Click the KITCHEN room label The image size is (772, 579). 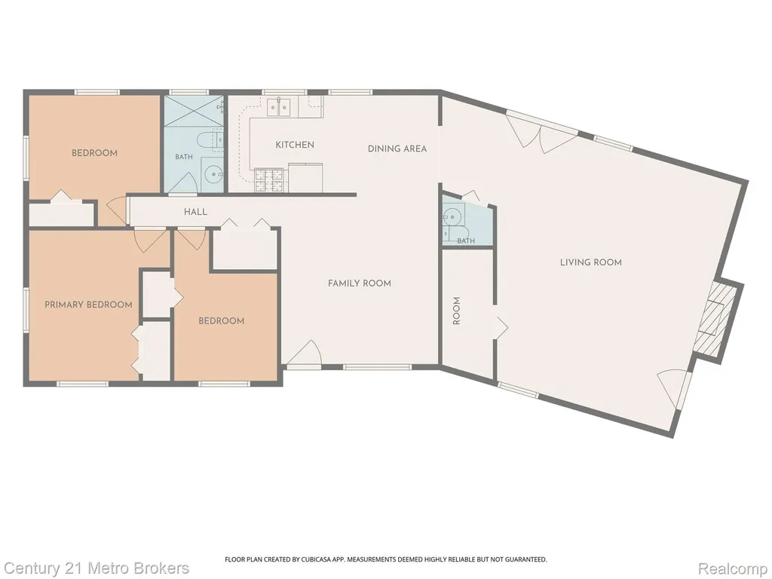(295, 145)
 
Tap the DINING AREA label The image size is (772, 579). (397, 149)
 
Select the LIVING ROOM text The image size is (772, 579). (591, 262)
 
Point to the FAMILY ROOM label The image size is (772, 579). (360, 283)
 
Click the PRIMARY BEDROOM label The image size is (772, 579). (89, 305)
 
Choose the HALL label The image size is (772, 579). (195, 212)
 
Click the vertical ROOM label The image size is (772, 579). (456, 311)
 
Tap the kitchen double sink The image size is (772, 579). (279, 107)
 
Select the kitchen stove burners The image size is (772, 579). (269, 180)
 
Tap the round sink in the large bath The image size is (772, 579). (213, 174)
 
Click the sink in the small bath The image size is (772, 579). (451, 215)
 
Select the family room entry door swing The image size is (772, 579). (305, 353)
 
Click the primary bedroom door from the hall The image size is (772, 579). (150, 240)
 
